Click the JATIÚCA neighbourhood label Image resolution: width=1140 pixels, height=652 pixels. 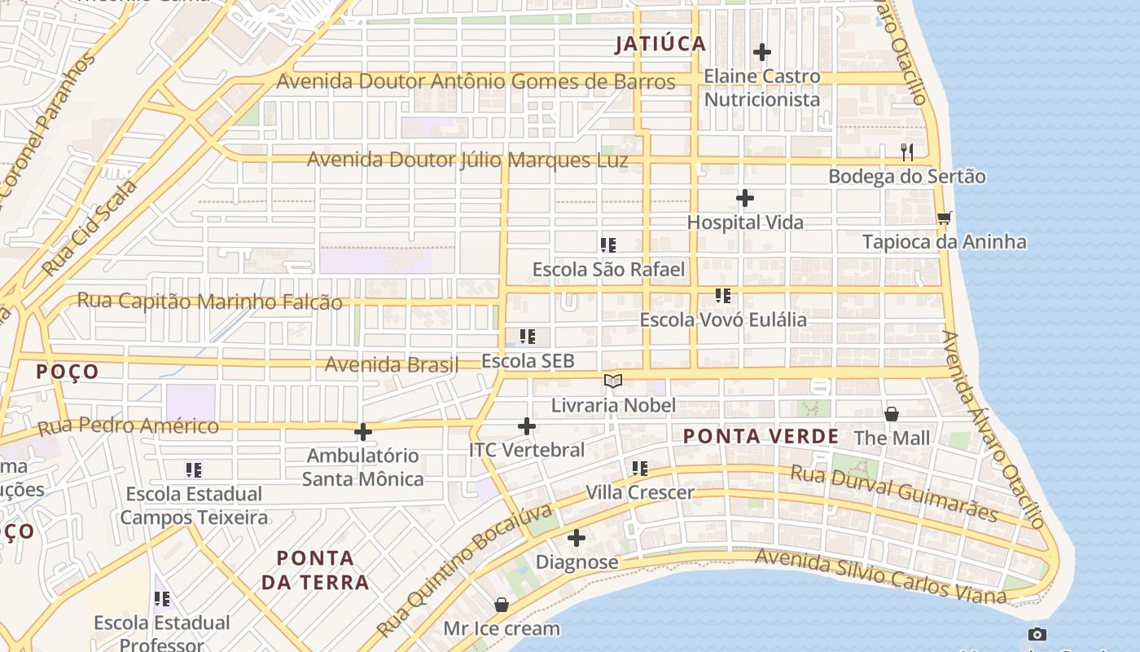(x=660, y=44)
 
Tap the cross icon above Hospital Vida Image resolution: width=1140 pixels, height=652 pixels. (x=744, y=198)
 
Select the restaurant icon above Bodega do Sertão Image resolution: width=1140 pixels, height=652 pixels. (x=907, y=152)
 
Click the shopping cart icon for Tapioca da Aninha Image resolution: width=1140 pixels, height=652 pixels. (x=944, y=218)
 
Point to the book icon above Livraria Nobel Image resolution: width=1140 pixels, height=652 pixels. (x=613, y=381)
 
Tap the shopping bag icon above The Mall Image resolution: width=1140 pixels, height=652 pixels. (x=892, y=414)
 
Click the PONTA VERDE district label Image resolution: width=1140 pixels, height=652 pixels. (x=761, y=436)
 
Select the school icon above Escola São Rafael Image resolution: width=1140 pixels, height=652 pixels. (x=607, y=244)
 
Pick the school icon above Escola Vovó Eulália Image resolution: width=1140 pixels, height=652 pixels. (x=722, y=295)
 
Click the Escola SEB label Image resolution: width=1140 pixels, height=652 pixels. (x=528, y=361)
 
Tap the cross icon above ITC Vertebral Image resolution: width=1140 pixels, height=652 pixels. (x=527, y=425)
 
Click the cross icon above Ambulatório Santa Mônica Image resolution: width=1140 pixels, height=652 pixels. (x=363, y=432)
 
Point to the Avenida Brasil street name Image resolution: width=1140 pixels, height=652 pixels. (x=392, y=364)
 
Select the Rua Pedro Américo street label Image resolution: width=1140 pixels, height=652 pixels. (x=129, y=425)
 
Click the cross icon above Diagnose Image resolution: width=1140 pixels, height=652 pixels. (x=577, y=538)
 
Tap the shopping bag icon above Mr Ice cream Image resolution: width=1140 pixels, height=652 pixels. (x=502, y=605)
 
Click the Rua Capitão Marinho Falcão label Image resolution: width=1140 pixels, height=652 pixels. (x=209, y=302)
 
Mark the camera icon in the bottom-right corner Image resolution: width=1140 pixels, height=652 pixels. (x=1037, y=634)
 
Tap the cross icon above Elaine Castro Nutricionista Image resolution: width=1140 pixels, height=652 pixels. (x=762, y=52)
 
